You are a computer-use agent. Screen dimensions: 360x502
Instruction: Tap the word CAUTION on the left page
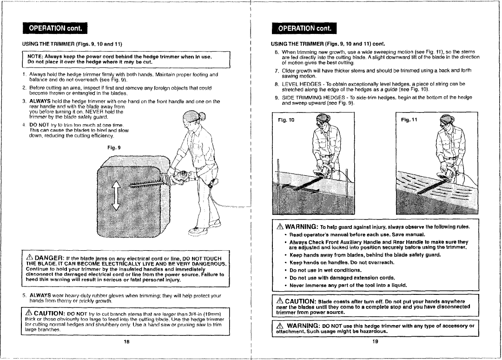[52, 313]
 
